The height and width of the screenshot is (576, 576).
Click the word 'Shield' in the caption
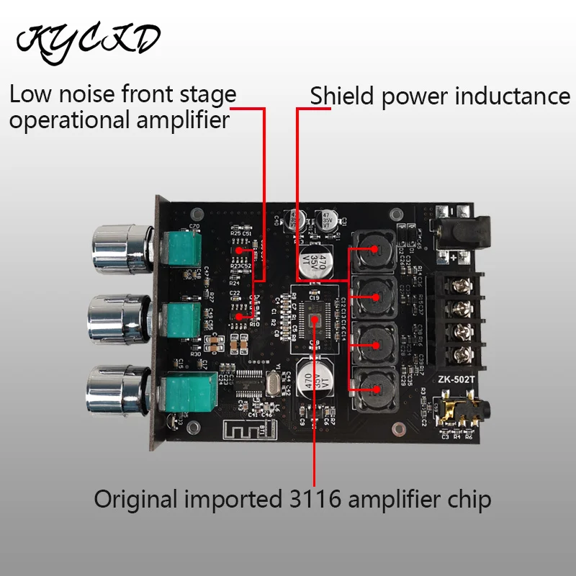[343, 96]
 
